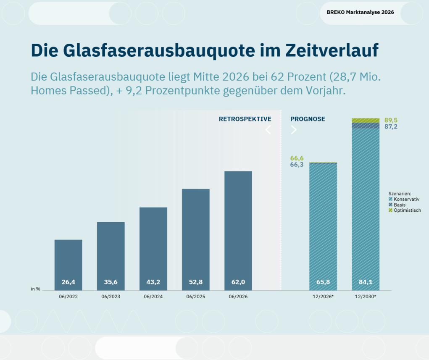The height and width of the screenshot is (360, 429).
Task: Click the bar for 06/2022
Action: pos(68,265)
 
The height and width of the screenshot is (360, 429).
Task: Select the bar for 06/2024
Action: pos(153,249)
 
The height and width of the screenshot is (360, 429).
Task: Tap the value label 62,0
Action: pos(238,282)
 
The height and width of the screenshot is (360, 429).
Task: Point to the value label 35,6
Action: pos(111,282)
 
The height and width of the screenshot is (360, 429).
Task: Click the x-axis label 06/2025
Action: pos(196,297)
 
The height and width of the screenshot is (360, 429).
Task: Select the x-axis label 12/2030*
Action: pos(366,297)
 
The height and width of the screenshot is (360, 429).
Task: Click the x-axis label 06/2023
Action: pos(111,297)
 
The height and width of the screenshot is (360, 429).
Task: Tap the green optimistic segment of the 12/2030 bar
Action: pos(366,121)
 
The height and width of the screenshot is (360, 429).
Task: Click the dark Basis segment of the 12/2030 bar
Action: pos(366,126)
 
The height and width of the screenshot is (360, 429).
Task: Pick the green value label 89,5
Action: pos(391,120)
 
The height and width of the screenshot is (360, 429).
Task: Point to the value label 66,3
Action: pos(297,165)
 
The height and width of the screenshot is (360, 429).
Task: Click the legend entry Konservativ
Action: pos(404,199)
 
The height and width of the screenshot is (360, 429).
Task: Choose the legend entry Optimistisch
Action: pos(405,210)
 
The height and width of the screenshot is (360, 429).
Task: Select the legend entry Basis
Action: pos(397,205)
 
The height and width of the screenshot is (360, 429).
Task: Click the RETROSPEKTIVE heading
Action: pos(245,119)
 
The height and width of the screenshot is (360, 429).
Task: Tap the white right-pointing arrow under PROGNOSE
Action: pos(294,130)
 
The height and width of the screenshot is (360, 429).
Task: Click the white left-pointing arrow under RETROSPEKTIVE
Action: pos(268,130)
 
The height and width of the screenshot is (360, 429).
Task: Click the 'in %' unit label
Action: pos(36,289)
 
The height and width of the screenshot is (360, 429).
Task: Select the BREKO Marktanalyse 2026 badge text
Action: pos(361,12)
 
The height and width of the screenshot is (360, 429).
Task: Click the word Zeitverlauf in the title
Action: pos(332,50)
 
